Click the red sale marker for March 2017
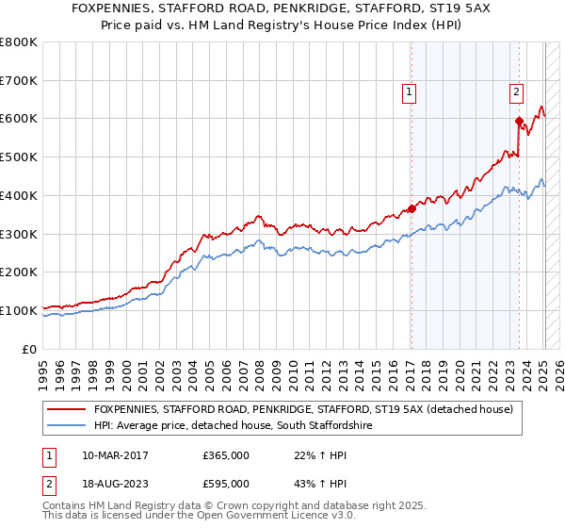[412, 209]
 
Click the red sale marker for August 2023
[519, 121]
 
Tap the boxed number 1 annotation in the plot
[411, 92]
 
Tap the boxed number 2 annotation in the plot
[517, 92]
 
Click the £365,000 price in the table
[226, 454]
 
